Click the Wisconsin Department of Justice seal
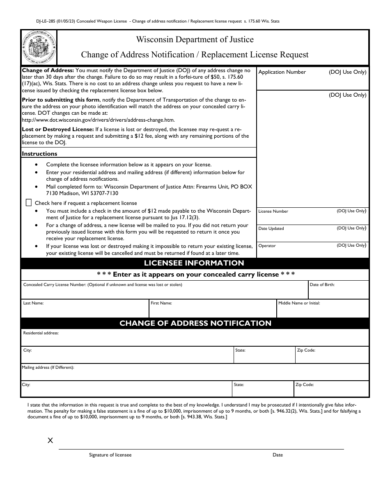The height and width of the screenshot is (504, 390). pyautogui.click(x=39, y=47)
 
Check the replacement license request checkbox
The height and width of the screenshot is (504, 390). pyautogui.click(x=29, y=202)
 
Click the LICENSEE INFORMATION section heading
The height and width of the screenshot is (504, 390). pyautogui.click(x=194, y=263)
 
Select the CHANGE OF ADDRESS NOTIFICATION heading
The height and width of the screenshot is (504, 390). pyautogui.click(x=195, y=323)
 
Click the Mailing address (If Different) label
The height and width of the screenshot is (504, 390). pyautogui.click(x=48, y=368)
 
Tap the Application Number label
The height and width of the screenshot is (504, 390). pyautogui.click(x=282, y=72)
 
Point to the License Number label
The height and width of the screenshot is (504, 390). pyautogui.click(x=273, y=211)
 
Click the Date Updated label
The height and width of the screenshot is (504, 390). pyautogui.click(x=271, y=229)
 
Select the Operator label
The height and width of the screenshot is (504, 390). pyautogui.click(x=267, y=246)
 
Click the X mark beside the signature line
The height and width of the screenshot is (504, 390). pyautogui.click(x=50, y=441)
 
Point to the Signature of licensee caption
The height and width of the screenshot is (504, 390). pyautogui.click(x=110, y=455)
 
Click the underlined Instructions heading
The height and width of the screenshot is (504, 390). pyautogui.click(x=39, y=154)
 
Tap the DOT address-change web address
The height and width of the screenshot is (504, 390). pyautogui.click(x=98, y=120)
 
